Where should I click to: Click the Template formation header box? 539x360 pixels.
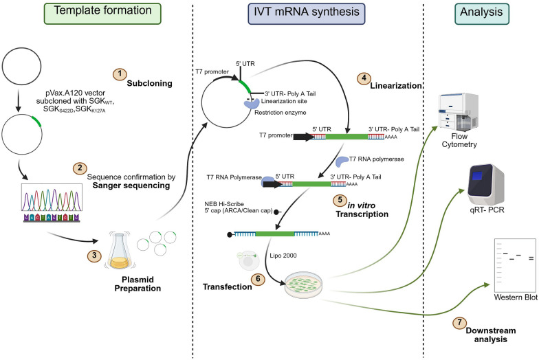click(102, 14)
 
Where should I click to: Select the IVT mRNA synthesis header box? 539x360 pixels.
click(307, 14)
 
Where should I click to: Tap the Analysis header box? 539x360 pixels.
click(481, 14)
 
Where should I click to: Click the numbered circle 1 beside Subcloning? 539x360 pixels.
click(120, 74)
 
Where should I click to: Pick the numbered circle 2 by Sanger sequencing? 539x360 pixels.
click(80, 168)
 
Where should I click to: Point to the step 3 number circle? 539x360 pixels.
click(94, 256)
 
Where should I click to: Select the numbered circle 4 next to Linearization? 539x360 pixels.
click(364, 78)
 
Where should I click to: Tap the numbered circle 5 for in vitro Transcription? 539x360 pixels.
click(340, 200)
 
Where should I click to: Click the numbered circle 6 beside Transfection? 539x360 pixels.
click(258, 279)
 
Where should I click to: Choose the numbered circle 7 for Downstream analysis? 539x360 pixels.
click(459, 323)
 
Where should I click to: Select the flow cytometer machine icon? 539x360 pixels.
click(458, 111)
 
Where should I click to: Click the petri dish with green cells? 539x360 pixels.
click(304, 284)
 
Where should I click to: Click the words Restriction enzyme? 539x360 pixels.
click(280, 113)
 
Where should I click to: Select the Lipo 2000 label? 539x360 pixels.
click(283, 256)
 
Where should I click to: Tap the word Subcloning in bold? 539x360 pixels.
click(150, 84)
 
